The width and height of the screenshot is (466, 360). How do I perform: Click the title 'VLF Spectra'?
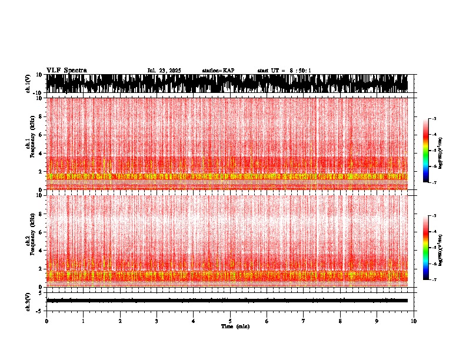click(66, 70)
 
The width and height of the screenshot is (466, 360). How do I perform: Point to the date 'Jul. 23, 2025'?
click(164, 71)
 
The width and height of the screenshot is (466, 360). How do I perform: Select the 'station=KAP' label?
click(218, 71)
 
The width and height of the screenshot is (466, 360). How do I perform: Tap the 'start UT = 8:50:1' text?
click(284, 71)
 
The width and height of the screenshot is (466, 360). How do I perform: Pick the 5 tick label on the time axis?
click(230, 321)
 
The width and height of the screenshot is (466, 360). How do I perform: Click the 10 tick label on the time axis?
click(414, 321)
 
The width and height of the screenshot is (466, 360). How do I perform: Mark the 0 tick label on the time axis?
click(46, 321)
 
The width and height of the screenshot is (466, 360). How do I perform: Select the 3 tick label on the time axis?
click(157, 321)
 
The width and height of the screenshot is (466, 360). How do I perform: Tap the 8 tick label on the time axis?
click(340, 321)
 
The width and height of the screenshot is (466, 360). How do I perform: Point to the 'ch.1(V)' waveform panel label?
click(28, 84)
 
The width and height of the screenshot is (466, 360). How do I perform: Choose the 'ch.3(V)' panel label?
click(28, 300)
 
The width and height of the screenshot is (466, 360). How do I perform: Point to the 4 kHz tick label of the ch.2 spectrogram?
click(42, 251)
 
